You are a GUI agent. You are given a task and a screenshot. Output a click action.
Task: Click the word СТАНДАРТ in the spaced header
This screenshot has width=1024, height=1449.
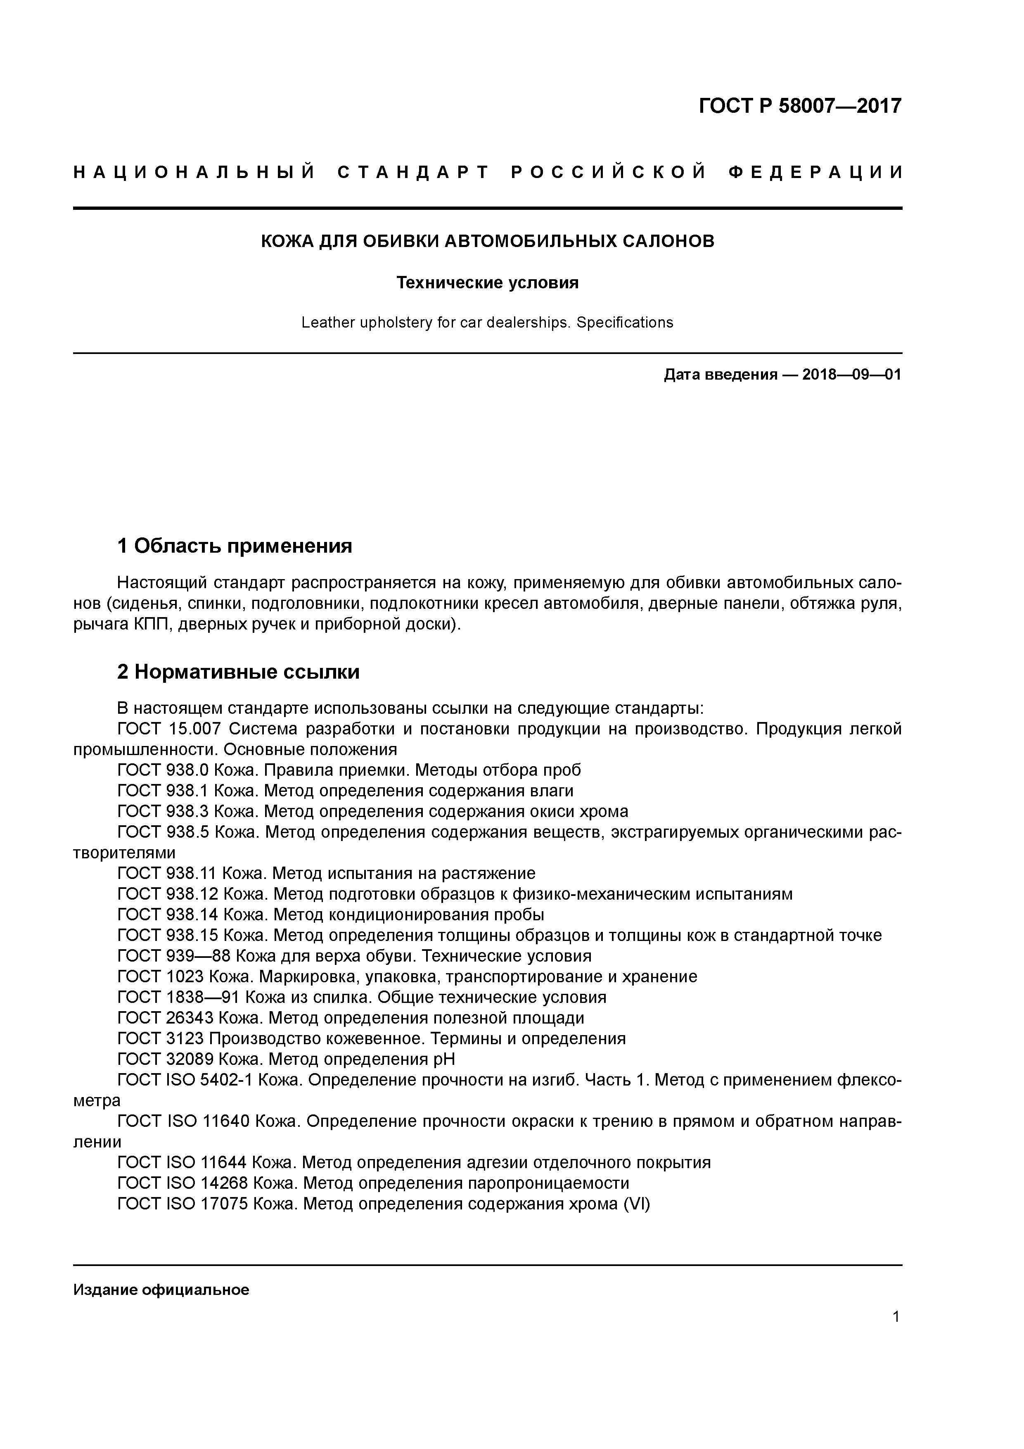click(x=413, y=172)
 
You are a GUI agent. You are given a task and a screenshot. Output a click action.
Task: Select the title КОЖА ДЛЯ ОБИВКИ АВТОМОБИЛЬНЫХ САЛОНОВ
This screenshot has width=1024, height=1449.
click(x=487, y=241)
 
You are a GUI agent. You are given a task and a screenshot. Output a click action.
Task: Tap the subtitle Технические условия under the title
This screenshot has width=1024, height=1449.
click(x=487, y=283)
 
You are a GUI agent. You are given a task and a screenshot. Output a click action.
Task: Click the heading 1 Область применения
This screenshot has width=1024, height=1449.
click(x=234, y=545)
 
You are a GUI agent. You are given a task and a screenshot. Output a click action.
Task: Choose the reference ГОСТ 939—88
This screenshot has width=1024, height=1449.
click(x=173, y=956)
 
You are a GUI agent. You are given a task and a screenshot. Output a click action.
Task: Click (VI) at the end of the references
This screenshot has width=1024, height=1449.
click(x=636, y=1204)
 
